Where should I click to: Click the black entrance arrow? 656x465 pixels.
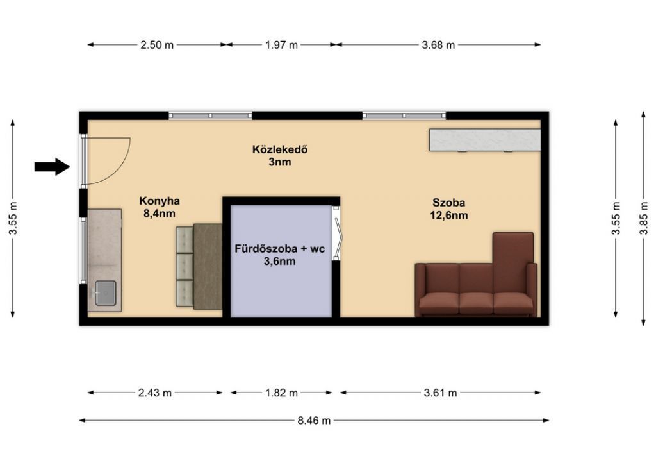52,167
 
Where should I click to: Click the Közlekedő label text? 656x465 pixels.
280,149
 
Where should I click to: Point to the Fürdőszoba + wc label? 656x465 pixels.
280,249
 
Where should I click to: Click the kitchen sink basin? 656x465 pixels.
106,293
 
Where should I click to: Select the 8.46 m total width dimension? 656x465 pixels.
314,420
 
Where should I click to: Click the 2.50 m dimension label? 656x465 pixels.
157,45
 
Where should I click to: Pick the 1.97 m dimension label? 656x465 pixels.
282,45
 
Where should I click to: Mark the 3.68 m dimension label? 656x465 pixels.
438,45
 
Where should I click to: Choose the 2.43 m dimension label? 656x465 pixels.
155,393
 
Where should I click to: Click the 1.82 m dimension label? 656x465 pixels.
282,393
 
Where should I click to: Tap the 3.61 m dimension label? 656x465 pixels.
440,393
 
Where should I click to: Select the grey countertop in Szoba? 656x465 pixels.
485,140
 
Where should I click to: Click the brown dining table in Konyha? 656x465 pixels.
208,266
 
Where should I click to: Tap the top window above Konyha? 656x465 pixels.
210,115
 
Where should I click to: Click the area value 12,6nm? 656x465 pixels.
449,216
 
